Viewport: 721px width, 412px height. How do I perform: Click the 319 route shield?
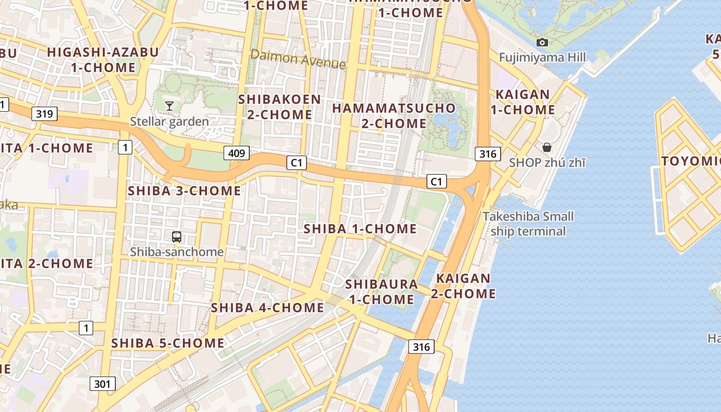click(x=44, y=114)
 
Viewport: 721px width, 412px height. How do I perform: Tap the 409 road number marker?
click(x=236, y=152)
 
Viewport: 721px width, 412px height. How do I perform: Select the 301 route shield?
click(x=102, y=384)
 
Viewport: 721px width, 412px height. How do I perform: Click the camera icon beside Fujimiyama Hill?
click(x=542, y=43)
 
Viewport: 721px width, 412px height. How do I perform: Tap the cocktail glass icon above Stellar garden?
click(x=169, y=106)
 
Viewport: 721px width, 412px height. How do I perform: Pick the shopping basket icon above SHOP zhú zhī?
click(x=547, y=148)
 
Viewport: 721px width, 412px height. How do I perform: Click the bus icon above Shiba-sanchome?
click(x=177, y=237)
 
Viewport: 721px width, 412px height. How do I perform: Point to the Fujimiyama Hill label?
click(x=542, y=57)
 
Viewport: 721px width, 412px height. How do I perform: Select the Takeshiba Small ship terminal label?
click(x=528, y=224)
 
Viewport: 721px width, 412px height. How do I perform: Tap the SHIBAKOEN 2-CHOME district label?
click(x=280, y=107)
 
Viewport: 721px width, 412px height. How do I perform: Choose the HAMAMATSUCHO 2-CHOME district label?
click(x=394, y=116)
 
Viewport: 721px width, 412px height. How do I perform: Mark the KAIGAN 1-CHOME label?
click(x=522, y=102)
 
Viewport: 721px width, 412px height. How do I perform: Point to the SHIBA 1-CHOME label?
click(x=360, y=229)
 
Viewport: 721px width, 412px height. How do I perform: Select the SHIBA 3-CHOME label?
click(x=184, y=191)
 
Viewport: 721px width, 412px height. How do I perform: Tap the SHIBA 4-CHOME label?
click(x=267, y=307)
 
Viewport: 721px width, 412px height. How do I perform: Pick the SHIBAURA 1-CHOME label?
click(x=381, y=291)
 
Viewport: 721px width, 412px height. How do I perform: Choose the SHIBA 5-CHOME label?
click(x=168, y=342)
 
